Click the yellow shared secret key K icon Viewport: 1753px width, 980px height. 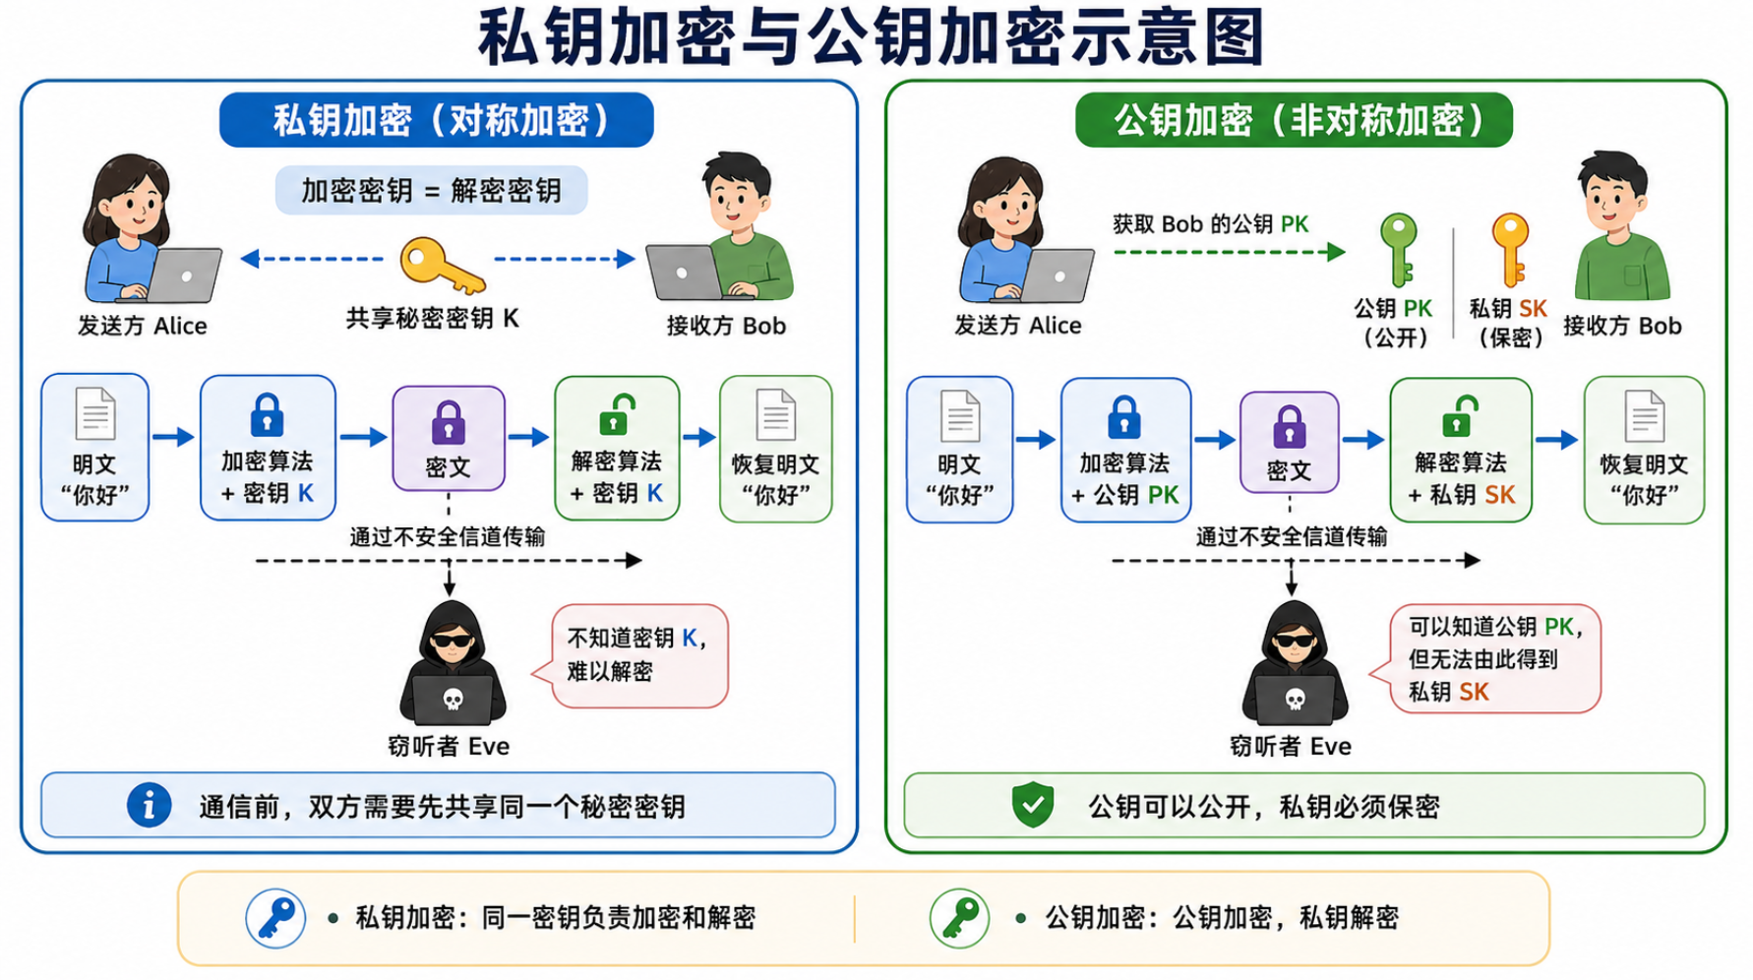coord(440,266)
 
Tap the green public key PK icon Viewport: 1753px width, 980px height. coord(1398,250)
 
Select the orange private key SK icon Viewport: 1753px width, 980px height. coord(1510,250)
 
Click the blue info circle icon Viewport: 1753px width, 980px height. coord(150,806)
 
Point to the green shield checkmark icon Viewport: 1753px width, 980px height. coord(1033,805)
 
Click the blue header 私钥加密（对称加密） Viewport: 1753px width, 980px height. coord(437,120)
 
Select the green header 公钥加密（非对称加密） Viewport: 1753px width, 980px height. coord(1294,120)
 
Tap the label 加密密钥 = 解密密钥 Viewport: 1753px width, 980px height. coord(431,190)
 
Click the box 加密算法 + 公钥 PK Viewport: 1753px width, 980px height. coord(1125,450)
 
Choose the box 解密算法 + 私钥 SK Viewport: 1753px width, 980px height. coord(1461,450)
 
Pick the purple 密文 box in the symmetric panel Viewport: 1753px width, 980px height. coord(449,439)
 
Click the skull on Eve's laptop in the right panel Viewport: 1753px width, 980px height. coord(1296,700)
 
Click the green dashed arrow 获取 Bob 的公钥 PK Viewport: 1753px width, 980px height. coord(1230,252)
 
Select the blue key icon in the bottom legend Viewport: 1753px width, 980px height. coord(275,918)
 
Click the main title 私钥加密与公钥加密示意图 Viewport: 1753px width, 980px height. coord(872,37)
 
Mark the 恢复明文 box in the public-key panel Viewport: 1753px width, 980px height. coord(1644,450)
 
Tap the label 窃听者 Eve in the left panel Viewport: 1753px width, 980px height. coord(449,747)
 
